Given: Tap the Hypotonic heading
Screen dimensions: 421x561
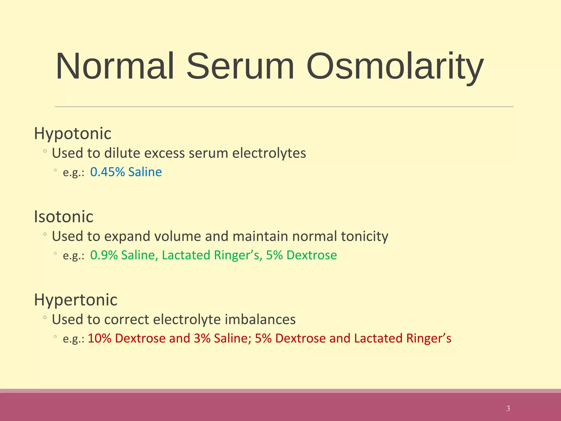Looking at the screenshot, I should coord(73,134).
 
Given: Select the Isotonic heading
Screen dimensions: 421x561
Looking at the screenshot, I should coord(64,217).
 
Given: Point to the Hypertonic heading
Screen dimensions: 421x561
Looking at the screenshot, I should coord(76,300).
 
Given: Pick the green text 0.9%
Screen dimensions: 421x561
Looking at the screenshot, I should coord(104,255).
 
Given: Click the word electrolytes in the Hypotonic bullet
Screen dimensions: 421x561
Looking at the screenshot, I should coord(269,153).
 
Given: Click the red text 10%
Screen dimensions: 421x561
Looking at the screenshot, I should coord(99,338).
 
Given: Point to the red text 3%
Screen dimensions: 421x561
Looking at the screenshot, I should coord(202,338).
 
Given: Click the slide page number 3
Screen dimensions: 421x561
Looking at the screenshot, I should coord(508,408).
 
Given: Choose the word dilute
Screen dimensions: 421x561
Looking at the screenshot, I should coord(122,153).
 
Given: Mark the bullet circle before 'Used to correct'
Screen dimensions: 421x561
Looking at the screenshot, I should coord(45,317).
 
